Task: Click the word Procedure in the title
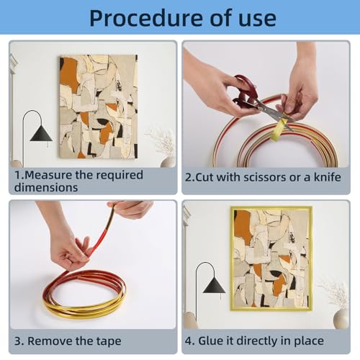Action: [x=146, y=18]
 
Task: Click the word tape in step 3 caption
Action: [x=109, y=341]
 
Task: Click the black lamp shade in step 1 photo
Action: [x=41, y=132]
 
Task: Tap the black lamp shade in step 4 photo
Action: [x=214, y=284]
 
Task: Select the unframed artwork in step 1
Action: [x=99, y=107]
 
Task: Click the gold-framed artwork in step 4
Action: [x=271, y=258]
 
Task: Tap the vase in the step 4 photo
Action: [x=341, y=318]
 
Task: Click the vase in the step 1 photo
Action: [x=168, y=161]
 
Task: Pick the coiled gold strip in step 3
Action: [x=84, y=294]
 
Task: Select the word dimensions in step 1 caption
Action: [x=46, y=187]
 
